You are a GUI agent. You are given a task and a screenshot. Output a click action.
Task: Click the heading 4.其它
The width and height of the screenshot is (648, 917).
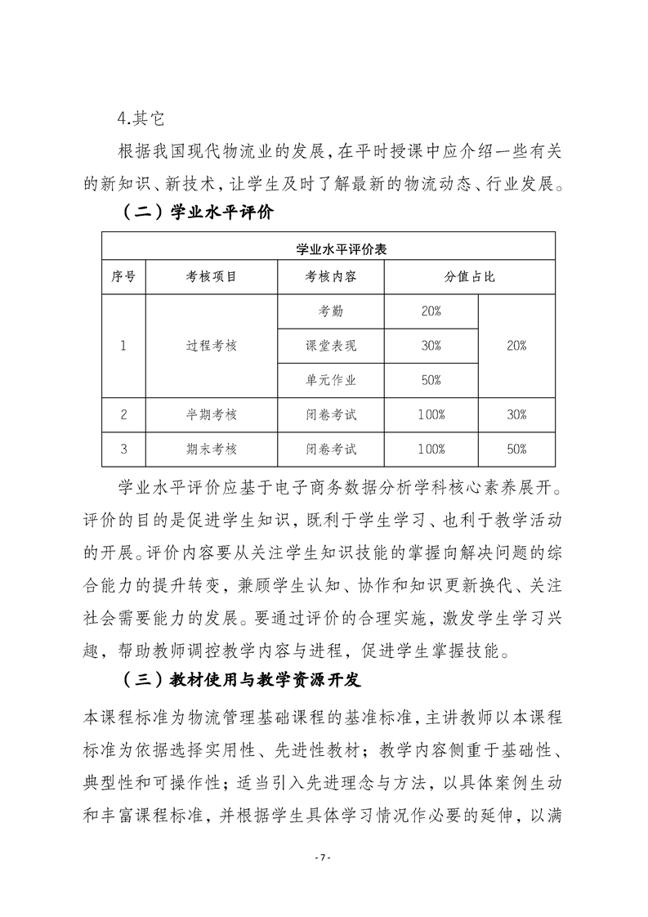point(141,119)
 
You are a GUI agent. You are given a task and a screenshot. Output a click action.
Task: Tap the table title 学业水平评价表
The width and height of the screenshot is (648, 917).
point(329,249)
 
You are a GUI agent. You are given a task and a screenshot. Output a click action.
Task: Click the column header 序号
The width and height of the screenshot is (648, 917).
point(123,277)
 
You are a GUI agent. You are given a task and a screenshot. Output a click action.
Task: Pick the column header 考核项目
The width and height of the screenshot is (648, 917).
point(211,277)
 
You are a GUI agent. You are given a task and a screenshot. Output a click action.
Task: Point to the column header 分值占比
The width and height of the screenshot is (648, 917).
point(470,277)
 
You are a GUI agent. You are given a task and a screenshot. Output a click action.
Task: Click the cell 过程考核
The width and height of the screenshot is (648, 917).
point(211,346)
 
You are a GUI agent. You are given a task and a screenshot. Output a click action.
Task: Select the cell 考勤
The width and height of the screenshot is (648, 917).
point(331,311)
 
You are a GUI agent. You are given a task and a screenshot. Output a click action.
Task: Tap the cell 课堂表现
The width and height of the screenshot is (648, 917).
point(331,346)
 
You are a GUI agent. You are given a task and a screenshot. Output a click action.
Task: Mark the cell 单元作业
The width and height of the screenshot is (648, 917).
point(331,380)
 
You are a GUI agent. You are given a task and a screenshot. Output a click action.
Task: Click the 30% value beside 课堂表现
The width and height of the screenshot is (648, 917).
point(431,346)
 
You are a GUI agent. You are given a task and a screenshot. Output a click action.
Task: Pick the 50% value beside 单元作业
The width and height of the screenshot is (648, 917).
point(431,380)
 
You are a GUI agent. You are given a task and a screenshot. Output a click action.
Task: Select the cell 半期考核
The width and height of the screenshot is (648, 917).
point(211,414)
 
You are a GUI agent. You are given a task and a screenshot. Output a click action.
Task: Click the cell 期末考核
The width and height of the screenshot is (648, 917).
point(211,449)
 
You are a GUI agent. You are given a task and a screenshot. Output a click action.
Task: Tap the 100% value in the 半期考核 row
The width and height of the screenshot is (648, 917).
point(431,414)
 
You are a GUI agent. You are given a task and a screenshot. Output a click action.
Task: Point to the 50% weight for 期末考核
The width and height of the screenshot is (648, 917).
point(516,449)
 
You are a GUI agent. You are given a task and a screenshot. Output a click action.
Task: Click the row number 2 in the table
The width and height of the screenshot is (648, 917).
point(123,414)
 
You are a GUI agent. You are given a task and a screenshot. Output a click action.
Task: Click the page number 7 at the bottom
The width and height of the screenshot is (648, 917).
point(324,857)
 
